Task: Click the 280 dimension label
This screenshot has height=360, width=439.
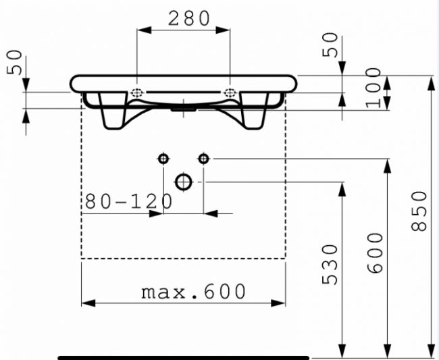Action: coord(189,18)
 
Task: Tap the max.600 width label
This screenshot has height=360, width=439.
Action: coord(193,292)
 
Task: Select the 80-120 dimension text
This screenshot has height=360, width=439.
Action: coord(128,201)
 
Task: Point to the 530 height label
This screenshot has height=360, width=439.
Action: coord(330,265)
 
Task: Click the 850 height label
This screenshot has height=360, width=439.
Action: coord(419,211)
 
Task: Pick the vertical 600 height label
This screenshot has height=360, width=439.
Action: coord(375,253)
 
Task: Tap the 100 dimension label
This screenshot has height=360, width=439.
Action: coord(373,88)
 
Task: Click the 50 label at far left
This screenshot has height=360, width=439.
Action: coord(14,62)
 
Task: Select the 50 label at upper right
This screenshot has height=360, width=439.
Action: coord(330,45)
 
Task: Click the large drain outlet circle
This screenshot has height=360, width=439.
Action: coord(184,182)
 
